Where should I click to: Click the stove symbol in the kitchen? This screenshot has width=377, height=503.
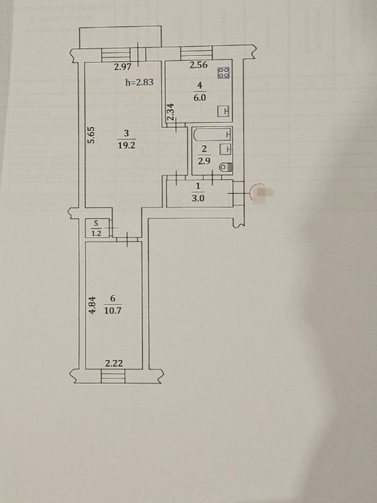pyautogui.click(x=223, y=73)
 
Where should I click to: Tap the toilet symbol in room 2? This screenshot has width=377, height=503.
pyautogui.click(x=227, y=167)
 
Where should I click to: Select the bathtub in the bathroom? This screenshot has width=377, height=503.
pyautogui.click(x=212, y=135)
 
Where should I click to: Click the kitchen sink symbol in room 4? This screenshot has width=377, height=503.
pyautogui.click(x=224, y=111)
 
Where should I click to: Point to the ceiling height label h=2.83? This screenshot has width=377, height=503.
pyautogui.click(x=139, y=82)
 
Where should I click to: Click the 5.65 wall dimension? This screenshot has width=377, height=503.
pyautogui.click(x=91, y=135)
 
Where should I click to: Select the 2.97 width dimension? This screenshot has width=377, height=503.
pyautogui.click(x=123, y=67)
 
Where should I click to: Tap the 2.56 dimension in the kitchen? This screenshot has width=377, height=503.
pyautogui.click(x=198, y=65)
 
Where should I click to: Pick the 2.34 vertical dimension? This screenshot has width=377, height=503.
pyautogui.click(x=171, y=111)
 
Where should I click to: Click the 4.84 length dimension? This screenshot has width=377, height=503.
pyautogui.click(x=92, y=305)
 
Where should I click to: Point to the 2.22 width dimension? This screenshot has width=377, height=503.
pyautogui.click(x=114, y=364)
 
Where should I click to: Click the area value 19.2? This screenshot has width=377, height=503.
pyautogui.click(x=126, y=145)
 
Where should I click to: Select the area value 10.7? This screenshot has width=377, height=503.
pyautogui.click(x=113, y=310)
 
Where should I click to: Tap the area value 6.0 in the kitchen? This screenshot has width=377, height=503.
pyautogui.click(x=200, y=98)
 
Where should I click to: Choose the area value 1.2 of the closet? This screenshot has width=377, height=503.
pyautogui.click(x=96, y=234)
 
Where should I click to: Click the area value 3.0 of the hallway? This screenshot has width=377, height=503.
pyautogui.click(x=197, y=198)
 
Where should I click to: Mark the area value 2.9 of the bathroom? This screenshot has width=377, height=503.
pyautogui.click(x=204, y=161)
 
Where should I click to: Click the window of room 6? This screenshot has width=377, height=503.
pyautogui.click(x=113, y=376)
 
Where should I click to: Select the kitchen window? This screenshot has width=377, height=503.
pyautogui.click(x=196, y=53)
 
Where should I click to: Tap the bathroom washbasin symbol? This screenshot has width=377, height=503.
pyautogui.click(x=225, y=149)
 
